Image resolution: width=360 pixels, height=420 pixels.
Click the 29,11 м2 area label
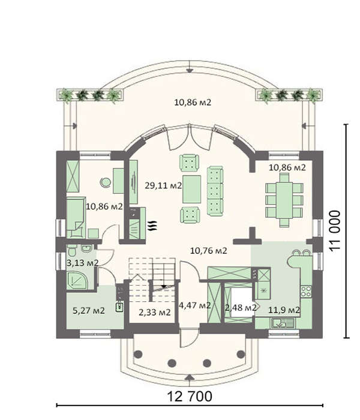pyautogui.click(x=163, y=185)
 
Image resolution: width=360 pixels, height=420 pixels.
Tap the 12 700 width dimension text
pyautogui.click(x=190, y=396)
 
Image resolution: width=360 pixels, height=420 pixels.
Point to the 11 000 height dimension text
pyautogui.click(x=335, y=230)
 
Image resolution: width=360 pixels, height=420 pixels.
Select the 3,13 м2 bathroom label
pyautogui.click(x=83, y=263)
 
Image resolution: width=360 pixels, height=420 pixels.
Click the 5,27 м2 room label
pyautogui.click(x=89, y=311)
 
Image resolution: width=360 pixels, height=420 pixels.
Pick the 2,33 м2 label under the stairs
pyautogui.click(x=155, y=313)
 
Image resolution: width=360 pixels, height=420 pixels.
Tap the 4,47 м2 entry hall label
pyautogui.click(x=195, y=305)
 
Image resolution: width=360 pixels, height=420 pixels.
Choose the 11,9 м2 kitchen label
pyautogui.click(x=284, y=310)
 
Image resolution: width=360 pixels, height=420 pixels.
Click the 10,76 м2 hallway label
pyautogui.click(x=209, y=251)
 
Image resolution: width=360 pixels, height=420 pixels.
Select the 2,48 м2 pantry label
pyautogui.click(x=241, y=308)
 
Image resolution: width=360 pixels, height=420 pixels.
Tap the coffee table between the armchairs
pyautogui.click(x=191, y=189)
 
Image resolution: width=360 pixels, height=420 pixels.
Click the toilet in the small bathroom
pyautogui.click(x=71, y=250)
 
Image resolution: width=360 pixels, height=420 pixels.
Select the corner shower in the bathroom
pyautogui.click(x=77, y=280)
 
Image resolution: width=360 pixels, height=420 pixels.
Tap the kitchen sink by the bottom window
pyautogui.click(x=283, y=323)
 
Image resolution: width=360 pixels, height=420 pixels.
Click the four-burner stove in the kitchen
pyautogui.click(x=306, y=292)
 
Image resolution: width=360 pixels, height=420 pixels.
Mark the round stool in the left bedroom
pyautogui.click(x=106, y=182)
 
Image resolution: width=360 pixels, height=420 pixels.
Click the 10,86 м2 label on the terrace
pyautogui.click(x=193, y=103)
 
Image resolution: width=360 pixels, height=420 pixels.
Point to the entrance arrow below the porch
pyautogui.click(x=190, y=377)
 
